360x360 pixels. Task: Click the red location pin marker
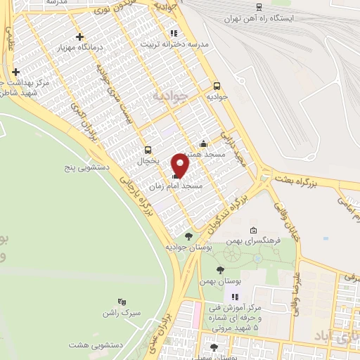(181, 166)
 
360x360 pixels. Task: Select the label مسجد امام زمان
(176, 187)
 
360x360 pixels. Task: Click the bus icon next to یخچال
(148, 150)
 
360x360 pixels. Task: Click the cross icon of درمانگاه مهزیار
(79, 37)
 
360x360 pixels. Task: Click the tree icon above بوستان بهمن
(220, 270)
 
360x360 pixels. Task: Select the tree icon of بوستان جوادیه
(188, 236)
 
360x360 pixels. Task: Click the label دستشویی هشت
(92, 345)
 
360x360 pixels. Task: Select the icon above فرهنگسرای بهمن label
(253, 229)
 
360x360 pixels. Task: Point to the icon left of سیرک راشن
(122, 302)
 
